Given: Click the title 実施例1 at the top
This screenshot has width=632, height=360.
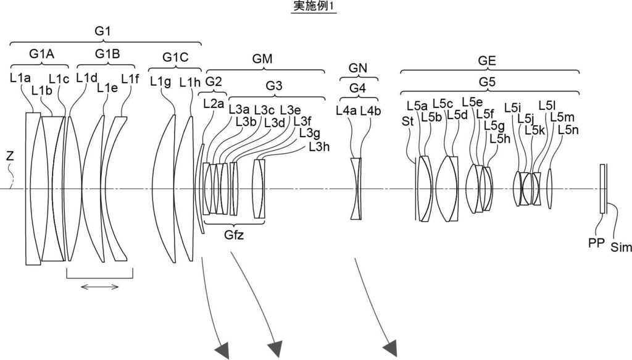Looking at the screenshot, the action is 313,6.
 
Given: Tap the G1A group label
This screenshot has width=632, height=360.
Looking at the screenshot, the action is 41,54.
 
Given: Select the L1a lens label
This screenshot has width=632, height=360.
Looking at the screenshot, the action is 20,78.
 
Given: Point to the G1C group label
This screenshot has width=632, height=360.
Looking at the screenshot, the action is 175,57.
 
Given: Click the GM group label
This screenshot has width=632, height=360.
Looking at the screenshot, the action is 262,59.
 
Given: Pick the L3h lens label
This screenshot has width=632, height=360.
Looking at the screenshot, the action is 319,147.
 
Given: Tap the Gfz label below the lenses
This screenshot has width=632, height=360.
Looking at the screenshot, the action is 234,235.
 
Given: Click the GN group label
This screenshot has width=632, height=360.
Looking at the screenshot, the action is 358,68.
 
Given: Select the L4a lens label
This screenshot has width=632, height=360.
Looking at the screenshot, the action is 346,111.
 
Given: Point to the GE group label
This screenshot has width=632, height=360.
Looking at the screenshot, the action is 486,61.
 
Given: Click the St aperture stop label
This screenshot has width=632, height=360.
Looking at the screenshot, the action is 407,121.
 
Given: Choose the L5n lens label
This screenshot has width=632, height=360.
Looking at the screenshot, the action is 568,130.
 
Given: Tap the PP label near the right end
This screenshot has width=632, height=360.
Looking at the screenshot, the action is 596,243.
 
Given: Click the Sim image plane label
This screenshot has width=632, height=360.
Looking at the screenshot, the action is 621,247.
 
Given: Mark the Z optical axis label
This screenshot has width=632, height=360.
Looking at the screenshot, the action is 10,156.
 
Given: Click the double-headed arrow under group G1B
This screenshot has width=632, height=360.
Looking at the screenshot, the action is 99,287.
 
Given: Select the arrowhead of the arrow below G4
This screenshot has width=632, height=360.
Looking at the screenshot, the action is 391,349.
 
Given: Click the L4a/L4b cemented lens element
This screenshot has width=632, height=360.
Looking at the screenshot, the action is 356,189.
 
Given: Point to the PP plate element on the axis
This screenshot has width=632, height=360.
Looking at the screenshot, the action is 602,189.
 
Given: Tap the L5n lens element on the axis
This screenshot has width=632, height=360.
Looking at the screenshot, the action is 549,189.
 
